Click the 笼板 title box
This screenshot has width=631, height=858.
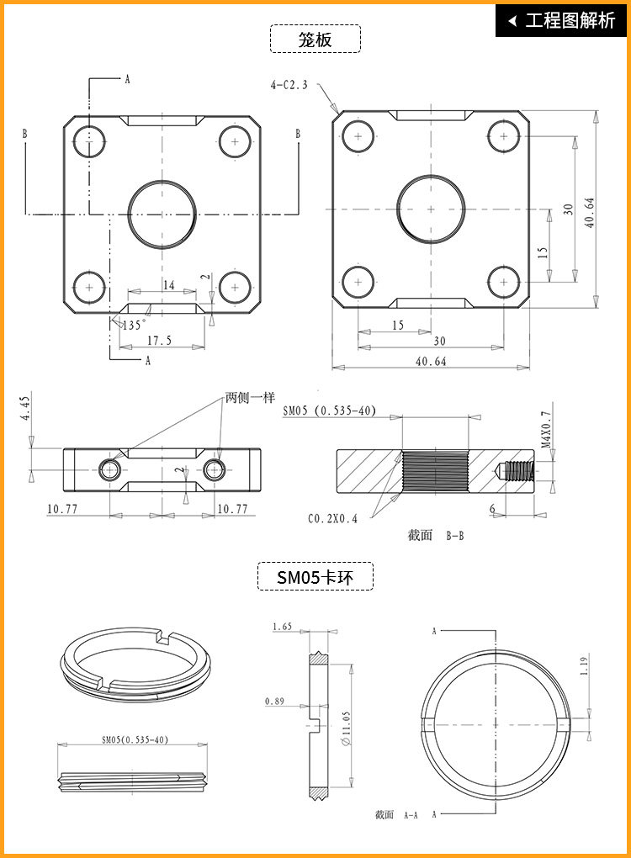click(315, 39)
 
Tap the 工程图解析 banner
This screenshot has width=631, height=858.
click(561, 21)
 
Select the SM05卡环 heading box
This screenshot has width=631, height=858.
click(315, 577)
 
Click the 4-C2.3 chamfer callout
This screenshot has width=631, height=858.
click(289, 85)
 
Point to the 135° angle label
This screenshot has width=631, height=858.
click(133, 325)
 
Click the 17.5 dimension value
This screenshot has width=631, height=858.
click(159, 341)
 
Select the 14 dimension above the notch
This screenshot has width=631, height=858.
click(168, 284)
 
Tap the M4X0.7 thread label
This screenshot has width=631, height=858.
click(547, 429)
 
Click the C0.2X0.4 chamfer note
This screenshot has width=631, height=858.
click(332, 519)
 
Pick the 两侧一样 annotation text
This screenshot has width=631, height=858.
click(250, 398)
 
